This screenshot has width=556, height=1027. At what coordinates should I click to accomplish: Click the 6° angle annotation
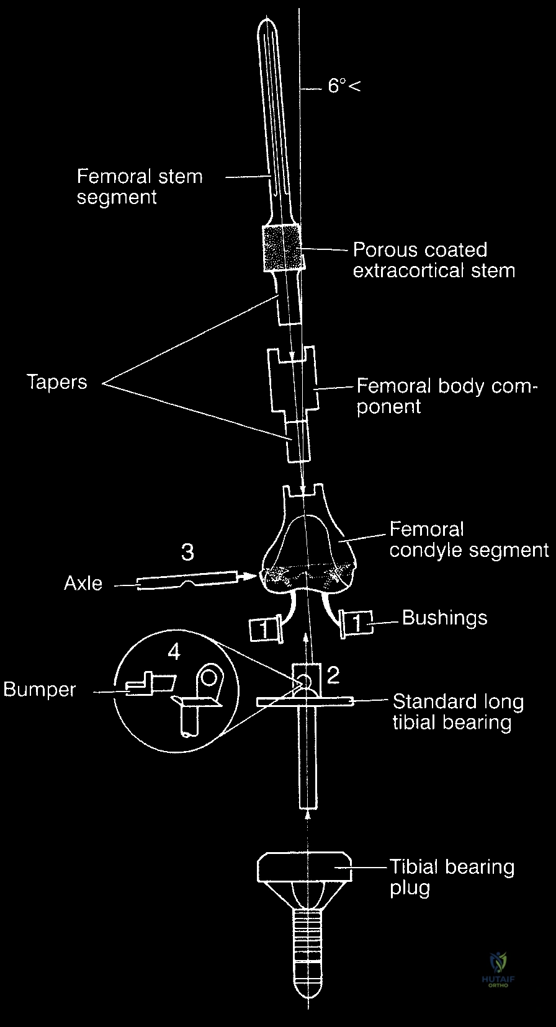[x=343, y=85]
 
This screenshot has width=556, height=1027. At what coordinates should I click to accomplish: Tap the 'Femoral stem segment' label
[x=139, y=187]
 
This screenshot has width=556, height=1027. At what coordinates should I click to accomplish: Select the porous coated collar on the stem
[x=282, y=249]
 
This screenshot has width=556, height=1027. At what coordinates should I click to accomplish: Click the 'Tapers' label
[x=57, y=381]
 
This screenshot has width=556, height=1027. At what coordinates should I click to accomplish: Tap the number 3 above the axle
[x=187, y=551]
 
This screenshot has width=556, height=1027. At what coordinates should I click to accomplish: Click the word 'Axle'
[x=83, y=584]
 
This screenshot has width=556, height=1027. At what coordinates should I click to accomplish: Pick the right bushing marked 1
[x=356, y=623]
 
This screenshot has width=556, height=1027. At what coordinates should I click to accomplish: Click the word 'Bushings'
[x=444, y=618]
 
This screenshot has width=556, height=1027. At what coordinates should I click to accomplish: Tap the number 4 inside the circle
[x=174, y=652]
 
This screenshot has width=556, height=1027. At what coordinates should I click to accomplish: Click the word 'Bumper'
[x=40, y=690]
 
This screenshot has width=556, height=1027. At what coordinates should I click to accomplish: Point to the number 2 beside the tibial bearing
[x=333, y=675]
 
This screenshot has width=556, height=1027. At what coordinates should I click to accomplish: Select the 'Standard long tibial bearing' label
[x=458, y=712]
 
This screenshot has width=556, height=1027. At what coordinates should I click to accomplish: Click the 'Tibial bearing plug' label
[x=452, y=877]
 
